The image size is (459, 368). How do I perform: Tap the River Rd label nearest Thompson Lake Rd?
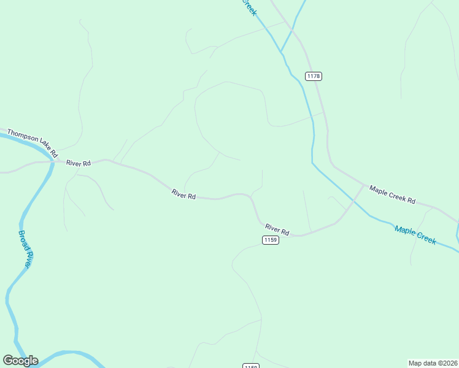79,163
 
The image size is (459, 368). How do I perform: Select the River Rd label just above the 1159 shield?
277,229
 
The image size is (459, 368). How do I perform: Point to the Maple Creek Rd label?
393,196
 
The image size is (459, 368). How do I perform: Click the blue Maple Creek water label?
415,235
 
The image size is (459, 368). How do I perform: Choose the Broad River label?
25,249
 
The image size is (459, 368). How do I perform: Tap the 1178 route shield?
314,76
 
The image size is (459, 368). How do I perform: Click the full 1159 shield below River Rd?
271,240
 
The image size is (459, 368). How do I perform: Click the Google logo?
20,361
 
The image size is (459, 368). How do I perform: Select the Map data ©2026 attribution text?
433,363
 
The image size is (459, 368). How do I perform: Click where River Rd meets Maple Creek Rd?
363,185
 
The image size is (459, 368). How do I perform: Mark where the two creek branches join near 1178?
282,51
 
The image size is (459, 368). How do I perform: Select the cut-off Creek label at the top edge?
249,7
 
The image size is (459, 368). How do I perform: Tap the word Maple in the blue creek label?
405,231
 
